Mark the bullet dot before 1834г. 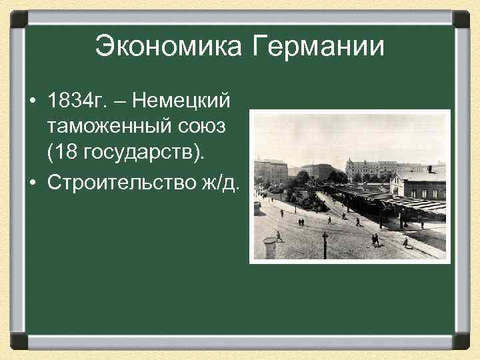coord(33,102)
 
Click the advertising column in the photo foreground coord(269,247)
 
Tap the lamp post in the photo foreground coord(325,244)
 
